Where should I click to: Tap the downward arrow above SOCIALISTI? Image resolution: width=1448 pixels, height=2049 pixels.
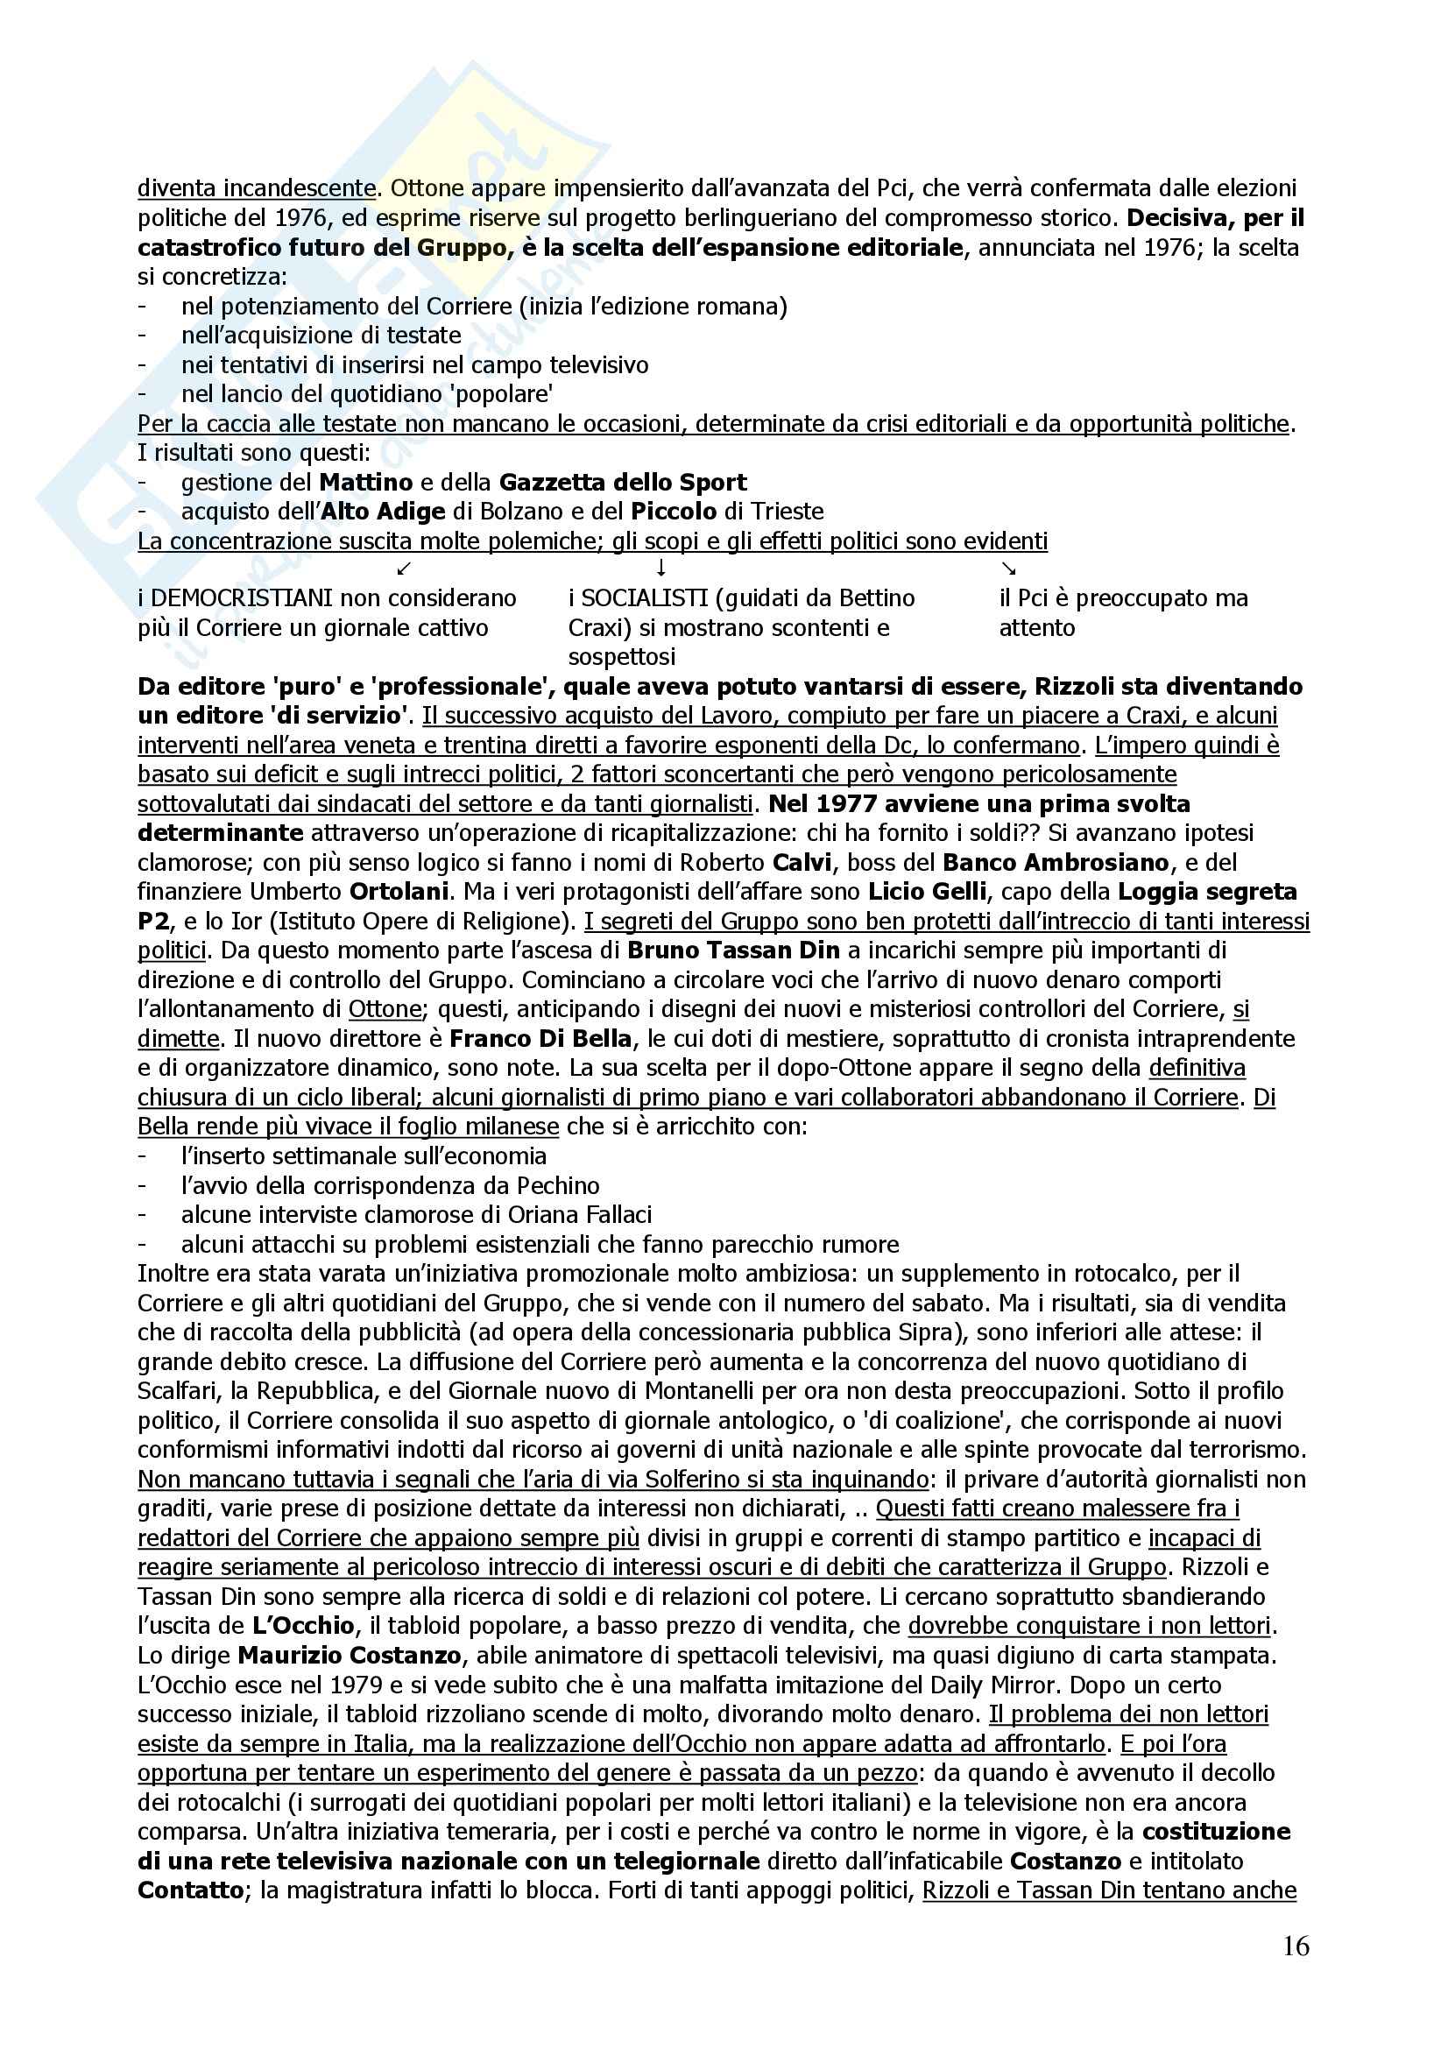(x=660, y=568)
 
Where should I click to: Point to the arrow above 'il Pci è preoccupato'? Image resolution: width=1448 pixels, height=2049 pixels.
(x=1008, y=569)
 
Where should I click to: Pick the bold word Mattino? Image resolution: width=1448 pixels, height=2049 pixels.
(x=366, y=483)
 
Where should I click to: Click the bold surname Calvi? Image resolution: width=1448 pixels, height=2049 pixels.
(x=806, y=863)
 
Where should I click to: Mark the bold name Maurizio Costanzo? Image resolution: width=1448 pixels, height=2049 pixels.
(x=350, y=1657)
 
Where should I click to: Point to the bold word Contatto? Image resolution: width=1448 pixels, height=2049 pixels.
(x=191, y=1891)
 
